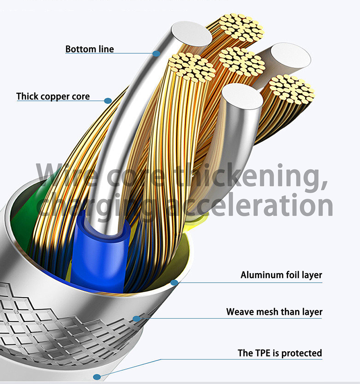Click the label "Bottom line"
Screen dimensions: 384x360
[89, 49]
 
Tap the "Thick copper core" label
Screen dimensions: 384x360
[53, 97]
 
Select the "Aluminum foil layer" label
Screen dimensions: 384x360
[281, 275]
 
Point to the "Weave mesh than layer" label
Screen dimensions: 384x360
[274, 312]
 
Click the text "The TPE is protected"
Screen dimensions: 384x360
[280, 353]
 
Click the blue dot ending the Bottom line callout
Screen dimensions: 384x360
[156, 54]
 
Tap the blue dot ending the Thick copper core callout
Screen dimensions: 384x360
[108, 100]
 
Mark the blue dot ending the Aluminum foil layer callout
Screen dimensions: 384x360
[174, 283]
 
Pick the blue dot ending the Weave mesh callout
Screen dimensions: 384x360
[137, 318]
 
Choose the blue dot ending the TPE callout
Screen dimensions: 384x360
[97, 377]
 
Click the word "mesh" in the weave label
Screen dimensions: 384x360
[265, 312]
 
